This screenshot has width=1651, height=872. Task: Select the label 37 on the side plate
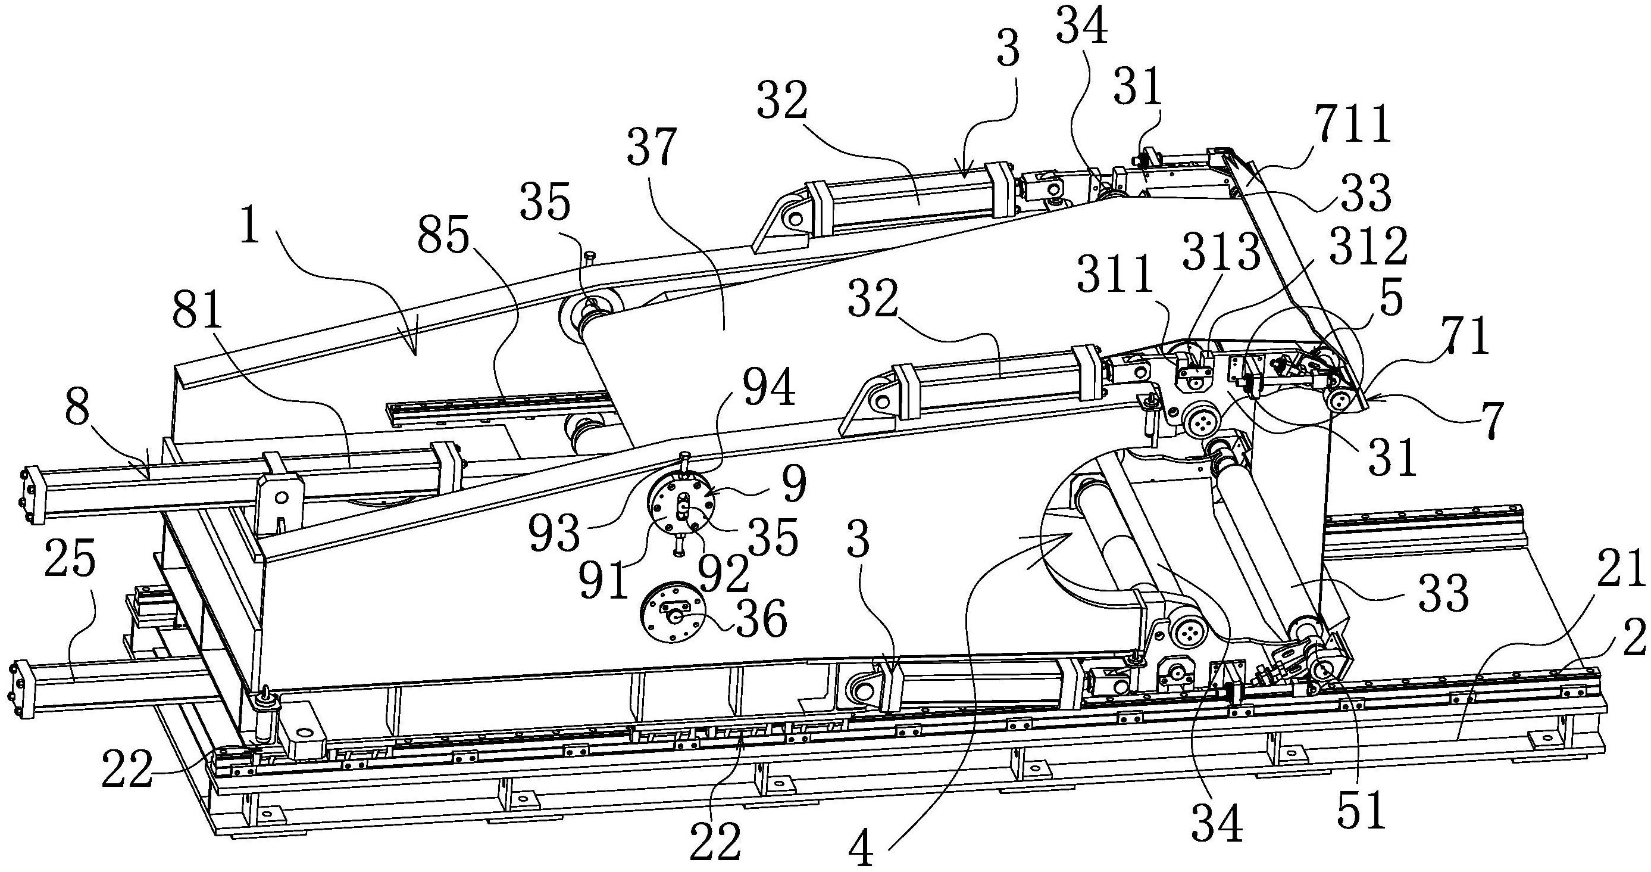click(x=652, y=148)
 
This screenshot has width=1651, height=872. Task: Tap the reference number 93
click(x=555, y=534)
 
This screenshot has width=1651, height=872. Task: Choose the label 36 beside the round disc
click(x=761, y=619)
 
